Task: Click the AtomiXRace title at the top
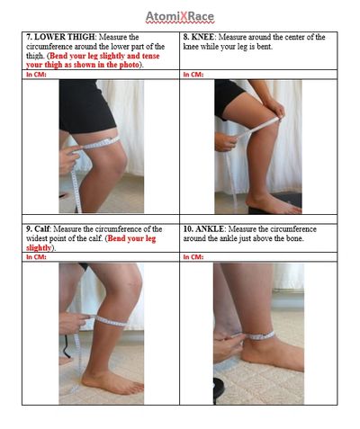pyautogui.click(x=180, y=17)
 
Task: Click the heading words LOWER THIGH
pyautogui.click(x=65, y=37)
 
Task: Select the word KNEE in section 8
pyautogui.click(x=202, y=37)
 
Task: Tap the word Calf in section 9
pyautogui.click(x=41, y=229)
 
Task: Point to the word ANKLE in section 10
pyautogui.click(x=210, y=229)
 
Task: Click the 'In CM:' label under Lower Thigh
pyautogui.click(x=36, y=75)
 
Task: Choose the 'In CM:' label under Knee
pyautogui.click(x=193, y=75)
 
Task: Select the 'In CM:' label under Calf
pyautogui.click(x=36, y=257)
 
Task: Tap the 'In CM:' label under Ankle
pyautogui.click(x=193, y=257)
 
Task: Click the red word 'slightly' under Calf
pyautogui.click(x=39, y=248)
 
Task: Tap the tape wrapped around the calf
pyautogui.click(x=111, y=321)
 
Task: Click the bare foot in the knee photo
pyautogui.click(x=273, y=203)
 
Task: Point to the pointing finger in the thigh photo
pyautogui.click(x=76, y=147)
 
